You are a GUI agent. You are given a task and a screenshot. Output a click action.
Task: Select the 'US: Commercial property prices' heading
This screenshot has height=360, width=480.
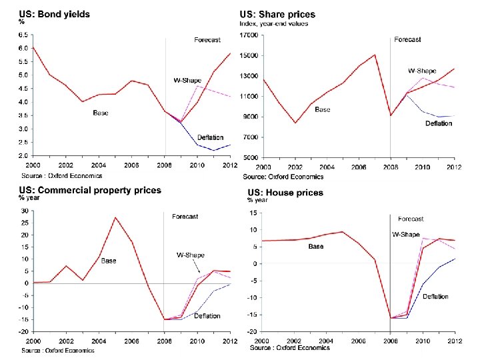pyautogui.click(x=91, y=190)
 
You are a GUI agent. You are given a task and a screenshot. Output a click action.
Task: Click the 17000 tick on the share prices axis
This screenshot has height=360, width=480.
pyautogui.click(x=249, y=35)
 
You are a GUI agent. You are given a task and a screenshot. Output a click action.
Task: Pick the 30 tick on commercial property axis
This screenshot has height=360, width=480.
pyautogui.click(x=25, y=211)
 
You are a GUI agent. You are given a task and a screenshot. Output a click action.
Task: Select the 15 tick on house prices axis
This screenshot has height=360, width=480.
pyautogui.click(x=253, y=213)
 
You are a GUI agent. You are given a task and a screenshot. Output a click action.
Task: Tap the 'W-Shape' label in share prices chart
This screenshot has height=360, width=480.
pyautogui.click(x=422, y=71)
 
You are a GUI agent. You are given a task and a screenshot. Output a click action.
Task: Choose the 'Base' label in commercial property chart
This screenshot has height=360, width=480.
pyautogui.click(x=109, y=260)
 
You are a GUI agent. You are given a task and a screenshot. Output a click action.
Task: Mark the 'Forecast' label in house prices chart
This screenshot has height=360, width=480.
pyautogui.click(x=411, y=219)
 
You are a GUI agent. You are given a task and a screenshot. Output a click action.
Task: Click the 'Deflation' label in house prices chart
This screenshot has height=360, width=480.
pyautogui.click(x=435, y=297)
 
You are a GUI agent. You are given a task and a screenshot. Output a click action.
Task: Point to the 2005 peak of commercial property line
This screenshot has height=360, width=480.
pyautogui.click(x=115, y=217)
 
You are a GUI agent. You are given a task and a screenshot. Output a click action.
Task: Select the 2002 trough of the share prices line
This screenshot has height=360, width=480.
pyautogui.click(x=295, y=123)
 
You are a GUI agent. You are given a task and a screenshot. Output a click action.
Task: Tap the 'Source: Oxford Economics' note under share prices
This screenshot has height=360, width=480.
pyautogui.click(x=283, y=177)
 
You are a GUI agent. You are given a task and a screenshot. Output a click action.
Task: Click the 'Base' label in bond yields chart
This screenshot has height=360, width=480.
pyautogui.click(x=101, y=113)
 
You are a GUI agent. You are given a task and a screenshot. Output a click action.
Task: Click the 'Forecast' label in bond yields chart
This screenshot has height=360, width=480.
pyautogui.click(x=207, y=40)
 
